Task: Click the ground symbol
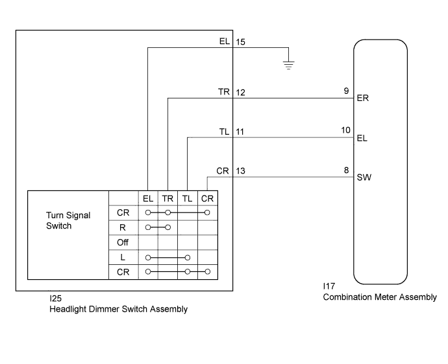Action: pos(289,64)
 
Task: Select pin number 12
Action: pos(240,93)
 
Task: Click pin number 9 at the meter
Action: pos(346,92)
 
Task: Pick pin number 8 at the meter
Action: pos(346,170)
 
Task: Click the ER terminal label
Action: pos(363,99)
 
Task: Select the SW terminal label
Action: pos(364,177)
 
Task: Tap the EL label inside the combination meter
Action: pos(362,138)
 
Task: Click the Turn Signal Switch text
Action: pos(68,221)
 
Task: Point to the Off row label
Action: pos(123,242)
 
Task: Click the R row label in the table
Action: pos(123,227)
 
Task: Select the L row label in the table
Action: pos(123,256)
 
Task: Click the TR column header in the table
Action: pos(168,198)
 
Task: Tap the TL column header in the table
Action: pos(187,198)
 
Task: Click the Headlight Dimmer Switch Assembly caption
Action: pos(119,309)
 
